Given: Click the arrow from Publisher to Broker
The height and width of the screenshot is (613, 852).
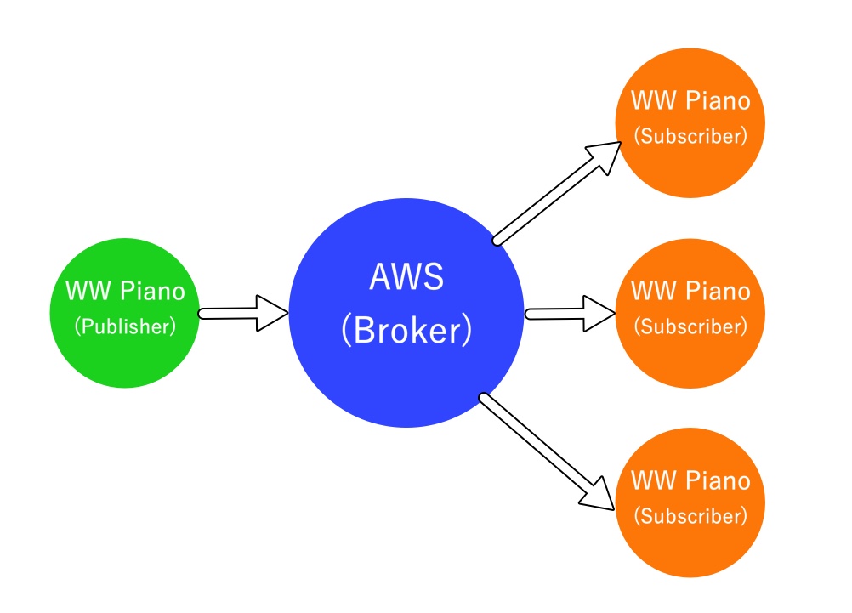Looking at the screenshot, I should coord(242,314).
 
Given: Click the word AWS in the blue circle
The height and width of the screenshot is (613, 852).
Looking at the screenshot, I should coord(406,278).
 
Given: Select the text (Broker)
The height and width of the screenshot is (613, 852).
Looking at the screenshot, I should coord(406,332).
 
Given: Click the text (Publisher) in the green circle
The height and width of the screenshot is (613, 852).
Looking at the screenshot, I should coord(125,326).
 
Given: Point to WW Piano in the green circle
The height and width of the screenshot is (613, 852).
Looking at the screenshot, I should coord(125,292).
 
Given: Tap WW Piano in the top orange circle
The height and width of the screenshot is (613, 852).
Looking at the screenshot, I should coord(690,101).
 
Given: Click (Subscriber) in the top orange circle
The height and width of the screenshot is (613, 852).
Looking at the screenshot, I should coord(690,136).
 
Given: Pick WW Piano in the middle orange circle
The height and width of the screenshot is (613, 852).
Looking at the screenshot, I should coord(690,291).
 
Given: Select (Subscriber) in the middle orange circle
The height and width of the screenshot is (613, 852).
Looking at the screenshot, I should coord(690,326).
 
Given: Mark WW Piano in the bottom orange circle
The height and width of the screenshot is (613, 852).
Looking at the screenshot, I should coord(690,480).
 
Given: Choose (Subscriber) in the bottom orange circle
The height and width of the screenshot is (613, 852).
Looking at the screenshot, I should coord(690,515).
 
